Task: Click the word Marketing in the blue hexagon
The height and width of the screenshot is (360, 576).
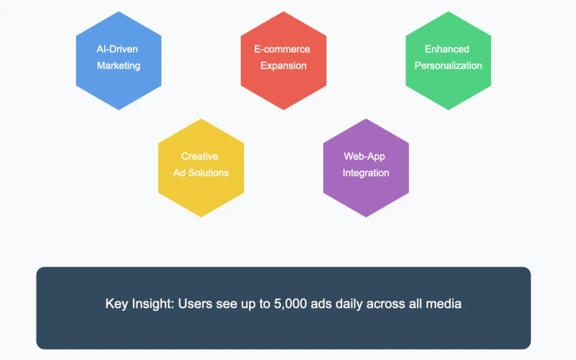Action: coord(119,66)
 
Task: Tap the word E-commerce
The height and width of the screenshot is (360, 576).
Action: coord(282,49)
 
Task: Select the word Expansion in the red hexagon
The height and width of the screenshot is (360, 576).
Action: coord(283,66)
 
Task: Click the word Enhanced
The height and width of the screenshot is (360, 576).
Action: coord(447,49)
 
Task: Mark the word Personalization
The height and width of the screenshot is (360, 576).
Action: coord(448,66)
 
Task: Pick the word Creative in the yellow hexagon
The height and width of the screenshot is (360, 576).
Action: coord(200,156)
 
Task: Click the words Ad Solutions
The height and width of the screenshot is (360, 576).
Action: coord(201,173)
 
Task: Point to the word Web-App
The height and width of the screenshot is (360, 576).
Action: coord(364,156)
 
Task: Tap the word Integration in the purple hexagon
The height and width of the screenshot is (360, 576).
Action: coord(366,173)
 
